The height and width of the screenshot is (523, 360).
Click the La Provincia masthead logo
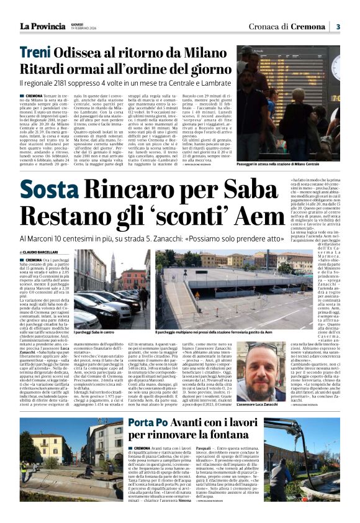click(x=42, y=26)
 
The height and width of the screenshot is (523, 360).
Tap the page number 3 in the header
click(x=338, y=27)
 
